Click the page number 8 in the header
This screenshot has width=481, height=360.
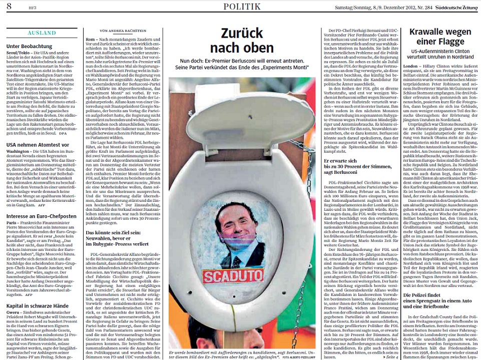pyautogui.click(x=9, y=6)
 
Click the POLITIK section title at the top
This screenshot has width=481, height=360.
pyautogui.click(x=242, y=6)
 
